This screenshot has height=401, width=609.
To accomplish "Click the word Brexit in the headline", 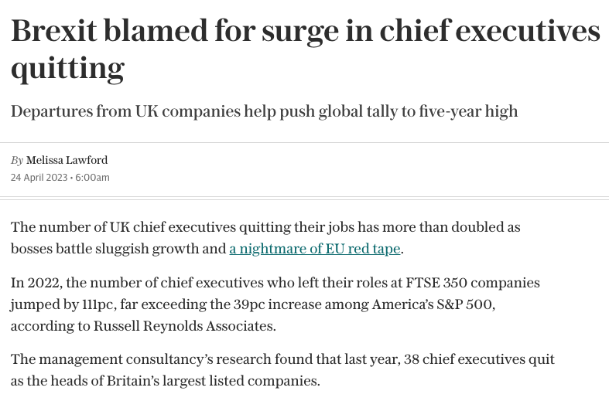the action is (x=54, y=30).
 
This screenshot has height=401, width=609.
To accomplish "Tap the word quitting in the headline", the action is (x=67, y=69).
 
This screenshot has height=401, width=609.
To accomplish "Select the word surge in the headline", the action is (x=300, y=32).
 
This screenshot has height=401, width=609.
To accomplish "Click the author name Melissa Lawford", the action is (x=67, y=160).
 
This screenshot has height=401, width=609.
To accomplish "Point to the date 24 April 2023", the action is (x=39, y=178).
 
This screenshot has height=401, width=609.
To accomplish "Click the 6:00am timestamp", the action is (x=92, y=178).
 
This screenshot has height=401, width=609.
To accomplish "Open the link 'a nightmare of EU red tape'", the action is (x=315, y=249).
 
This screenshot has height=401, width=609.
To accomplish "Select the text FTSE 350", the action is (x=436, y=283).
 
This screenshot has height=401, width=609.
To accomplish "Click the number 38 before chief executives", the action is (x=412, y=359).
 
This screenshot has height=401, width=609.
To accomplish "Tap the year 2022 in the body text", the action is (x=43, y=283).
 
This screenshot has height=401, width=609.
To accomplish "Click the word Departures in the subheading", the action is (x=52, y=111).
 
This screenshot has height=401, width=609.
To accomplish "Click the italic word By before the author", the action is (x=17, y=160).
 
